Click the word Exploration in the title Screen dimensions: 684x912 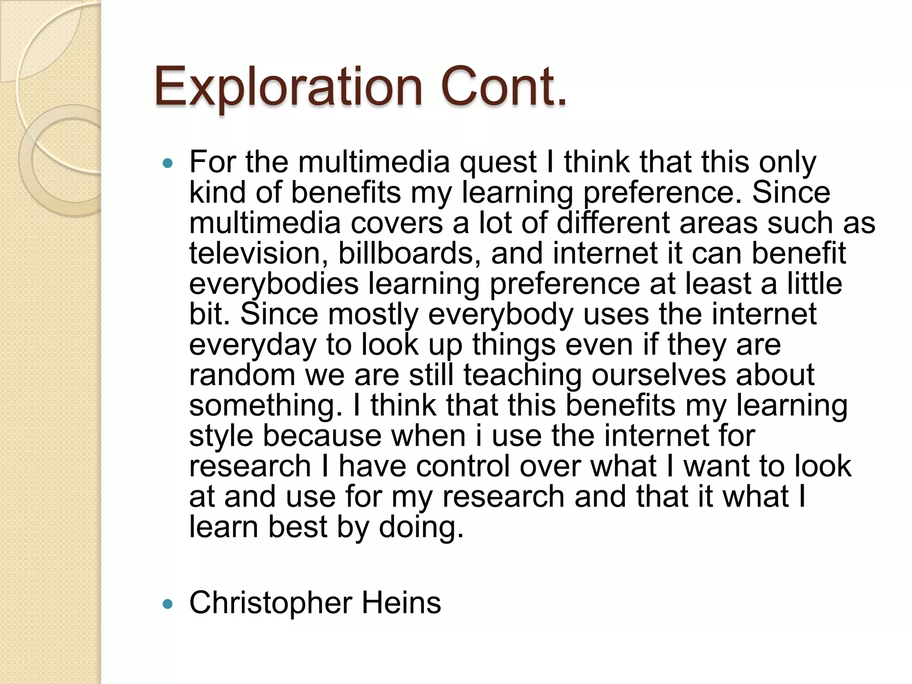288,87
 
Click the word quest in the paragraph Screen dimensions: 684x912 498,162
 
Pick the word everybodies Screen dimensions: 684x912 273,284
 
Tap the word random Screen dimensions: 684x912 242,375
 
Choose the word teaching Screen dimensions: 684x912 522,375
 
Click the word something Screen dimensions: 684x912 266,406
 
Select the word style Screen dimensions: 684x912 221,436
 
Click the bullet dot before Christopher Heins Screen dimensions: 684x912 167,604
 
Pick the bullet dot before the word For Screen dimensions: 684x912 167,163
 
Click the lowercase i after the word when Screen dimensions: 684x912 478,436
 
